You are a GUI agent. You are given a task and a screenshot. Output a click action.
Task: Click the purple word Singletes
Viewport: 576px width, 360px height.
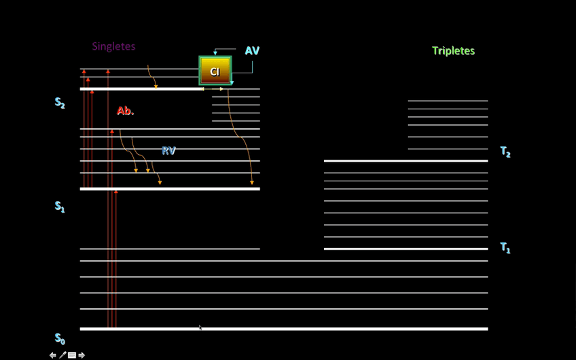pyautogui.click(x=113, y=47)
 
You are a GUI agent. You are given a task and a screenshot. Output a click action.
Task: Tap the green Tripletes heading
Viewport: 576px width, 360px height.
pyautogui.click(x=453, y=51)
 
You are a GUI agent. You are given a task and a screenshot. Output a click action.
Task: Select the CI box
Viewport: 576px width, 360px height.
pyautogui.click(x=215, y=71)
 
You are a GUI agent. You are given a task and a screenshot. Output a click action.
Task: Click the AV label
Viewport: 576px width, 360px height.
pyautogui.click(x=252, y=51)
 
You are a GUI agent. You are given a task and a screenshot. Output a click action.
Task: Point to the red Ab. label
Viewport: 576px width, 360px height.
pyautogui.click(x=125, y=111)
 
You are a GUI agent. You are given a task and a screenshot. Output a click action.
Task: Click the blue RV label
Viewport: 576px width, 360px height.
pyautogui.click(x=168, y=151)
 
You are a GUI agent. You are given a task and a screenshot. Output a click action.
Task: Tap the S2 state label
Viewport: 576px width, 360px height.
pyautogui.click(x=60, y=103)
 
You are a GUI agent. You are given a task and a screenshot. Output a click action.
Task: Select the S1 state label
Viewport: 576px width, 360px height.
pyautogui.click(x=60, y=206)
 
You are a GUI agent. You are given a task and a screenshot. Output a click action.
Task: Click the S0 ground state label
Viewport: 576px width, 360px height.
pyautogui.click(x=60, y=338)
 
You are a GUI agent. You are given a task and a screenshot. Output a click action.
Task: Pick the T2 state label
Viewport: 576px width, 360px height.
pyautogui.click(x=505, y=152)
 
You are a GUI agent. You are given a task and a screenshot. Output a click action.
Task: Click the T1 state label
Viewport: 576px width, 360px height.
pyautogui.click(x=505, y=248)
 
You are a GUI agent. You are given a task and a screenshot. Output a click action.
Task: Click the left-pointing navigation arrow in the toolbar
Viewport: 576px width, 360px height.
pyautogui.click(x=53, y=355)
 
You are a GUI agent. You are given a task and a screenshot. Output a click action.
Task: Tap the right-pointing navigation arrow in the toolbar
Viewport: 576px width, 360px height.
pyautogui.click(x=82, y=355)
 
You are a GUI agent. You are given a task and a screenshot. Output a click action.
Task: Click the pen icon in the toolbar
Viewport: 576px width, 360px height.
pyautogui.click(x=62, y=355)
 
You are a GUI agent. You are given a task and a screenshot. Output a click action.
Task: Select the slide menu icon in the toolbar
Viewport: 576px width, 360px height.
pyautogui.click(x=72, y=355)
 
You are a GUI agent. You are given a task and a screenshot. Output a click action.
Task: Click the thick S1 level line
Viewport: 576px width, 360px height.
pyautogui.click(x=170, y=189)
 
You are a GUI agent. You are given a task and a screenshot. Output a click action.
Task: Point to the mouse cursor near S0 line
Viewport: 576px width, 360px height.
pyautogui.click(x=200, y=327)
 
